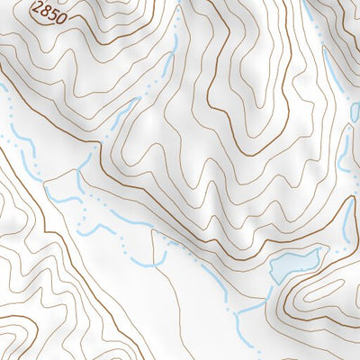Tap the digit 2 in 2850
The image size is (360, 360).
point(37,9)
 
